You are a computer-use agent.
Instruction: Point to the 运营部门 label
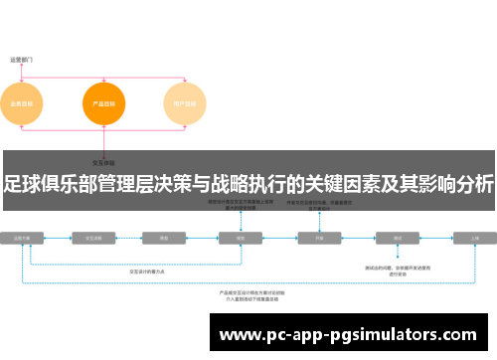pos(22,60)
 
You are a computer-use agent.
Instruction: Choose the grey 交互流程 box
pos(94,239)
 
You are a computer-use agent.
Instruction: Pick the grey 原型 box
pos(163,239)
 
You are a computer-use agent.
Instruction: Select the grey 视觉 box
pos(241,239)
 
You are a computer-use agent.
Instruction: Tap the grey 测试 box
pos(398,239)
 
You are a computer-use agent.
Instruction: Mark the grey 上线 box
pos(474,239)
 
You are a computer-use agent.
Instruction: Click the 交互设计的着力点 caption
pos(149,270)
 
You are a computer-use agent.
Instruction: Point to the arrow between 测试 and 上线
pos(436,239)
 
